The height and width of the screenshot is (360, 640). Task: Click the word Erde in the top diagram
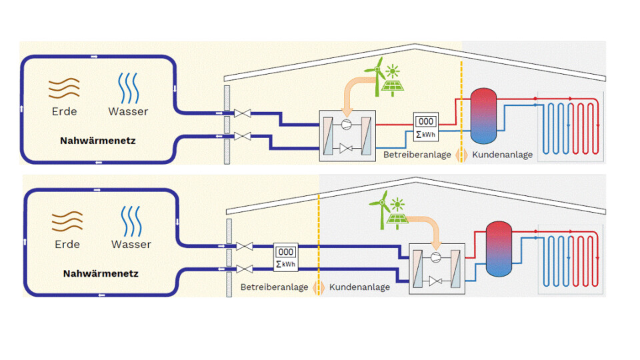click(x=65, y=111)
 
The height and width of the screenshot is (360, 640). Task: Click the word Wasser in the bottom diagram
click(x=131, y=244)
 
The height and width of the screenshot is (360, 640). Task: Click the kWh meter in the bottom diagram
click(x=285, y=257)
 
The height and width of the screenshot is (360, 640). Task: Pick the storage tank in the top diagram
click(x=485, y=115)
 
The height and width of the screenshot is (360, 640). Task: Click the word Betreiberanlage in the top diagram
click(x=417, y=155)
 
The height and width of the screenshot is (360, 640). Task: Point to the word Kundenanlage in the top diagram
click(x=503, y=155)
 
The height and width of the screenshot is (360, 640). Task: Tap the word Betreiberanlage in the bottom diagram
click(x=275, y=287)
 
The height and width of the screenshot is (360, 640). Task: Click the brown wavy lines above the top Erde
click(x=65, y=87)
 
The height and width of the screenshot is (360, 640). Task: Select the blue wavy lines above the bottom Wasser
click(x=131, y=219)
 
